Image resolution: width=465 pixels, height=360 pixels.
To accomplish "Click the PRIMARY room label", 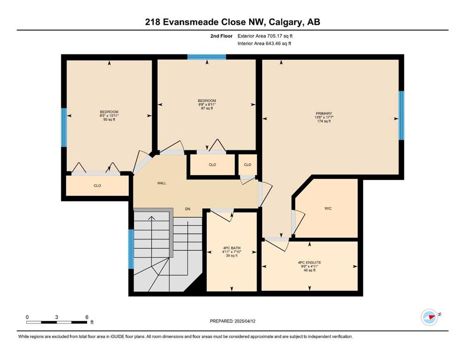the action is (x=324, y=113).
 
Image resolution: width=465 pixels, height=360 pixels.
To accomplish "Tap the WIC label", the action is (x=328, y=208).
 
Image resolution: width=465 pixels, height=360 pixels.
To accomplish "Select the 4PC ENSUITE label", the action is (x=310, y=262).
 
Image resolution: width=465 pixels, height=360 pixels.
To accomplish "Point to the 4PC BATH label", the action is (x=232, y=248).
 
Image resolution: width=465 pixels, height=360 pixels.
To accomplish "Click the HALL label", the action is (x=162, y=183).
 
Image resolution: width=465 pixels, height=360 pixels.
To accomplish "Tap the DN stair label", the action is (x=188, y=209).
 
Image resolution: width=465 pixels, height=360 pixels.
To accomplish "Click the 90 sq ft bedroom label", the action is (x=109, y=112).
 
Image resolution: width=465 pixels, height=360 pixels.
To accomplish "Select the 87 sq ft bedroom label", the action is (x=207, y=101).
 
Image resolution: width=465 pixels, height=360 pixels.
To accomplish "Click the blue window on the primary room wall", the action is (x=401, y=115).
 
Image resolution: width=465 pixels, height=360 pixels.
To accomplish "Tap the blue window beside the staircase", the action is (x=131, y=249).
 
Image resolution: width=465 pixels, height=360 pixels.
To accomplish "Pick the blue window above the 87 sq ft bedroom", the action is (x=207, y=57).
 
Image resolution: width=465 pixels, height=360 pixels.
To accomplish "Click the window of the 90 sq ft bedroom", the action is (x=64, y=127).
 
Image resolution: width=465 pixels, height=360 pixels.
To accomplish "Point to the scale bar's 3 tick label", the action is (x=56, y=317).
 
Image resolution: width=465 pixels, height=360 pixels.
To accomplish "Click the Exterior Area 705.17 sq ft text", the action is (x=265, y=36).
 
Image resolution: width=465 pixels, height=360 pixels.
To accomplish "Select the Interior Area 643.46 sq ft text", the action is (x=264, y=43).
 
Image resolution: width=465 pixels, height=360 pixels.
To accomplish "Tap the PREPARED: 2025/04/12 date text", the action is (x=232, y=321).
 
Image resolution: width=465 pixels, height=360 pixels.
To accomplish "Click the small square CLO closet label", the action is (x=248, y=165).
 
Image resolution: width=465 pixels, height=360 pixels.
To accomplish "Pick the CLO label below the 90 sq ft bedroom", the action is (x=97, y=186).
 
